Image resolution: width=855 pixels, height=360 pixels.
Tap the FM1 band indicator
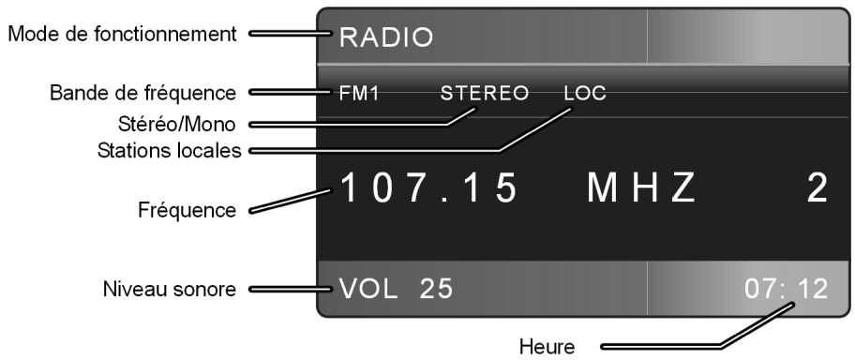[x=361, y=94]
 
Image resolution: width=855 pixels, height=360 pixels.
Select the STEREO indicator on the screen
[x=485, y=94]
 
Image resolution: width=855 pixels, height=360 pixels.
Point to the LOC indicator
[x=586, y=94]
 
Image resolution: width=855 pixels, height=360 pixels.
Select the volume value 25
[x=436, y=288]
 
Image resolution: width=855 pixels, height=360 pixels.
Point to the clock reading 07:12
[x=786, y=288]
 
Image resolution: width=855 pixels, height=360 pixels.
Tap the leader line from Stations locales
[x=394, y=151]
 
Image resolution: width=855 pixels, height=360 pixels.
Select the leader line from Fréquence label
[x=291, y=201]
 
